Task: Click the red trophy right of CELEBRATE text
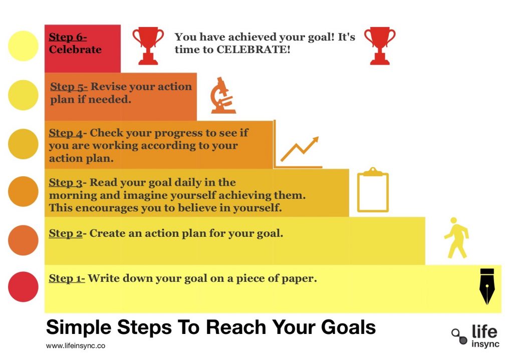[x=380, y=46]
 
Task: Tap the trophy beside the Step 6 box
[x=148, y=46]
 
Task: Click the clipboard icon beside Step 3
[x=373, y=190]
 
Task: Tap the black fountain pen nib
[x=487, y=286]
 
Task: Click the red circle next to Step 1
[x=23, y=287]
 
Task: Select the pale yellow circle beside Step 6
[x=23, y=46]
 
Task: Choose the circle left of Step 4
[x=23, y=144]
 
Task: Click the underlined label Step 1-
[x=67, y=278]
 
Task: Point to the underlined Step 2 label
[x=66, y=233]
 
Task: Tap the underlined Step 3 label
[x=66, y=182]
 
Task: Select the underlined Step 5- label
[x=69, y=87]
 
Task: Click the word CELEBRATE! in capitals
[x=253, y=50]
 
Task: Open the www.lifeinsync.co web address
[x=76, y=345]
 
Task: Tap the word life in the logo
[x=484, y=331]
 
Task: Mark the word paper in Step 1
[x=300, y=279]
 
